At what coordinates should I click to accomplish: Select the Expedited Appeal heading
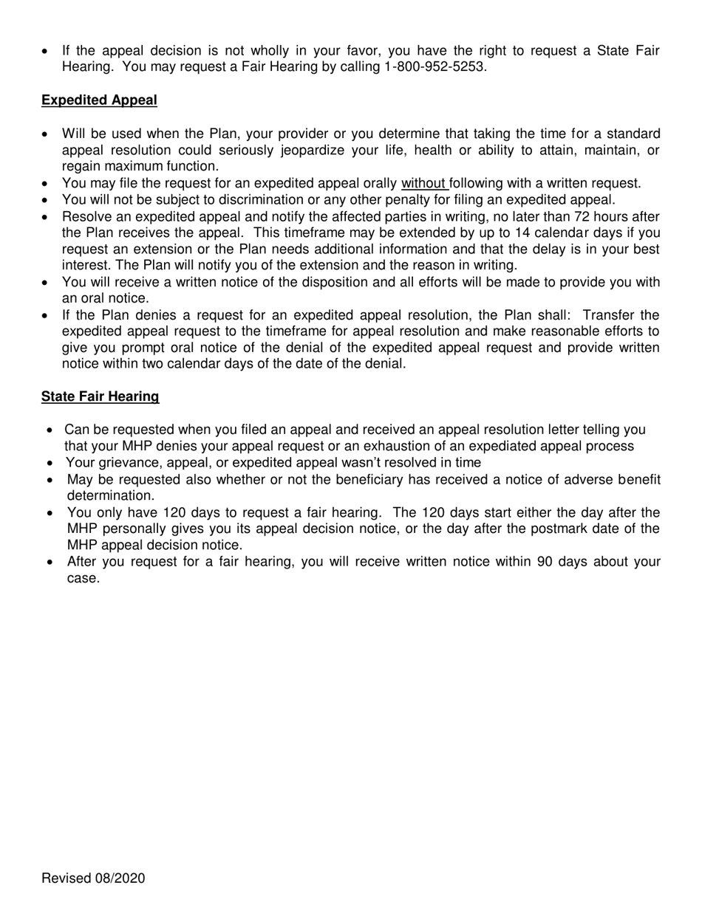pyautogui.click(x=99, y=100)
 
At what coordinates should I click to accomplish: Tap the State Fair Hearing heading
pyautogui.click(x=100, y=397)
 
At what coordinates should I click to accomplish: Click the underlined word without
pyautogui.click(x=423, y=183)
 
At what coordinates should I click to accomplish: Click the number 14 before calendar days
pyautogui.click(x=522, y=233)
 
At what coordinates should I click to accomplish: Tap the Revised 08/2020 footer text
pyautogui.click(x=93, y=878)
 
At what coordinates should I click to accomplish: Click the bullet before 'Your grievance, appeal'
pyautogui.click(x=49, y=464)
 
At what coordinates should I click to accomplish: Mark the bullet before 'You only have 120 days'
pyautogui.click(x=49, y=513)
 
